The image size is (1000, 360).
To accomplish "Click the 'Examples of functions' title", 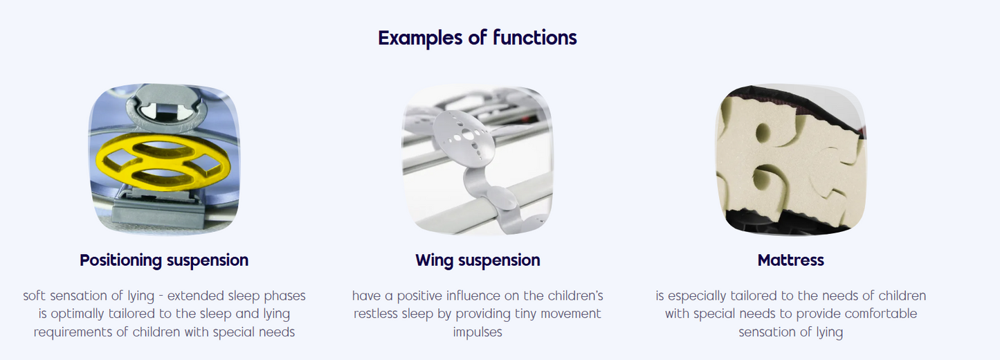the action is [x=478, y=37].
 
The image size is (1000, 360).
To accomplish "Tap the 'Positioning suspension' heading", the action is [x=164, y=260].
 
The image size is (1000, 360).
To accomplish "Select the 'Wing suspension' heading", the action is [x=478, y=260].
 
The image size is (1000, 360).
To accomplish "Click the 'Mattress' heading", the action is [x=790, y=260].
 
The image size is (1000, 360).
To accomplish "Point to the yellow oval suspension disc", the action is [x=163, y=162].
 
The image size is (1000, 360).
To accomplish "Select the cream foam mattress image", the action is [x=790, y=159].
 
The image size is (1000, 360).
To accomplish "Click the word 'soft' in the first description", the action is [x=35, y=296].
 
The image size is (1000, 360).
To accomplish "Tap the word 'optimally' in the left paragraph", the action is [x=78, y=314].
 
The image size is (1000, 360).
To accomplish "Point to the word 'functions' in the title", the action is [x=535, y=37].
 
